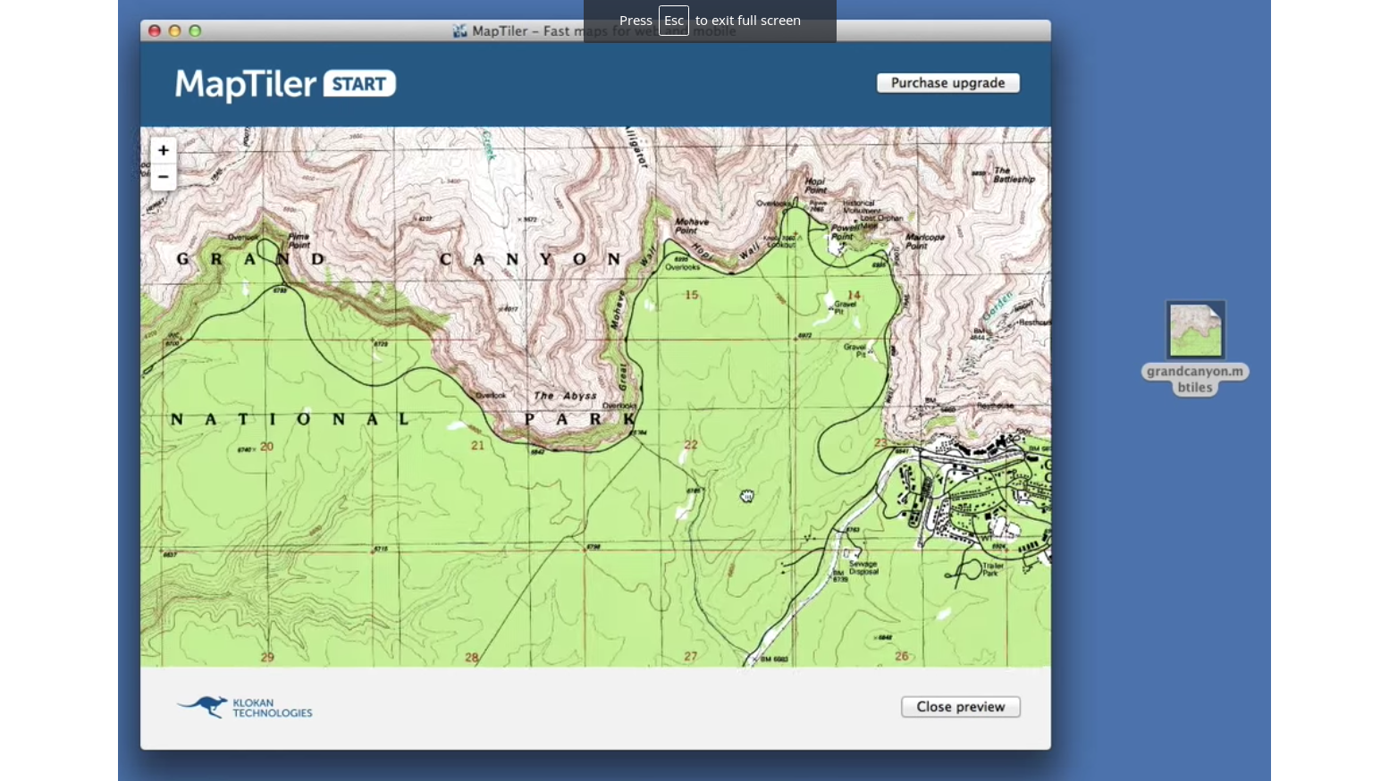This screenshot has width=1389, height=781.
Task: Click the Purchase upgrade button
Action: tap(947, 83)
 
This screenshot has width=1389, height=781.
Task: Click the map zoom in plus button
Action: tap(163, 150)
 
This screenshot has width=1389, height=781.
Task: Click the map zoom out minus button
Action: tap(163, 177)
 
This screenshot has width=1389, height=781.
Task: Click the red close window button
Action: tap(154, 31)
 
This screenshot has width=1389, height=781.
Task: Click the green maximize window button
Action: tap(195, 31)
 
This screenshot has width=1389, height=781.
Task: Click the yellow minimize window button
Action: tap(174, 31)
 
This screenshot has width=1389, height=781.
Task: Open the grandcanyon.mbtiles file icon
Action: tap(1195, 330)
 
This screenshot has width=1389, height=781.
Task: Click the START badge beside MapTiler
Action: tap(359, 84)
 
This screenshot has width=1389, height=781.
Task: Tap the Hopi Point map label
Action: tap(815, 185)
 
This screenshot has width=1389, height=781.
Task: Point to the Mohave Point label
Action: tap(692, 226)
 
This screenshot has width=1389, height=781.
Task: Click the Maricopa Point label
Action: tap(925, 241)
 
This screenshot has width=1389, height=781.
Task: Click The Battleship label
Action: tap(1014, 174)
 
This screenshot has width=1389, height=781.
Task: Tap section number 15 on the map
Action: tap(691, 295)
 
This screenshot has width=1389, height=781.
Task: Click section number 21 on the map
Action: tap(477, 445)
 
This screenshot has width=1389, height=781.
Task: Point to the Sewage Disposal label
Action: tap(863, 568)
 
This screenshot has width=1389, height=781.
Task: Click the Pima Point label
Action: tap(299, 240)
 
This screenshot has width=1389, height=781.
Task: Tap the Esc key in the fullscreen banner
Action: tap(673, 21)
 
